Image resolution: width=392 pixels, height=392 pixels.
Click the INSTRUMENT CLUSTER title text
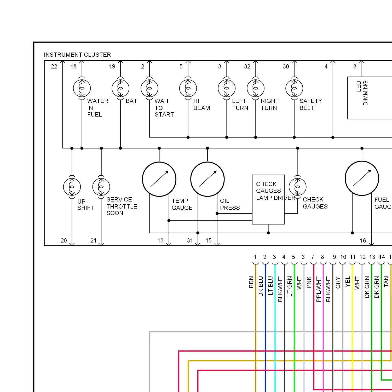pyautogui.click(x=77, y=55)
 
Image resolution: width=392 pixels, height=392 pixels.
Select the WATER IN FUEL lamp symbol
pyautogui.click(x=82, y=88)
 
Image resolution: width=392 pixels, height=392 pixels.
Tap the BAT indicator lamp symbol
pyautogui.click(x=120, y=88)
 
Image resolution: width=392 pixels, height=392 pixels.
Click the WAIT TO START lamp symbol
pyautogui.click(x=149, y=88)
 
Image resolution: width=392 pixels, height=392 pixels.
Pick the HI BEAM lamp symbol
pyautogui.click(x=188, y=88)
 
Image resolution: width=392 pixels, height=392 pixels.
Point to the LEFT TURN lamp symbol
pyautogui.click(x=227, y=88)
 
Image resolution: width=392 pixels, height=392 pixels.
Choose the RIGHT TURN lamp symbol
pyautogui.click(x=256, y=88)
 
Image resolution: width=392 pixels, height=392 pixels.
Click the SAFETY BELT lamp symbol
pyautogui.click(x=294, y=88)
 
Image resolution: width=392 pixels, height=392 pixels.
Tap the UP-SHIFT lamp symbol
pyautogui.click(x=72, y=187)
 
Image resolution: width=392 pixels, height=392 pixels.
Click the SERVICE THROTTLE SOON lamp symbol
pyautogui.click(x=101, y=187)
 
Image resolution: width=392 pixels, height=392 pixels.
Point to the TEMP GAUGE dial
pyautogui.click(x=159, y=179)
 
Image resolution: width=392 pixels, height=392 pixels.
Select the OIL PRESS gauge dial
pyautogui.click(x=207, y=179)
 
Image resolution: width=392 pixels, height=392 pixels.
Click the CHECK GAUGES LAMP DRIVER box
pyautogui.click(x=268, y=199)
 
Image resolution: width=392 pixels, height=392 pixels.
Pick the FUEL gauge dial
pyautogui.click(x=362, y=178)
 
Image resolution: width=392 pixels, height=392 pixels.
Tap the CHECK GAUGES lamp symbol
pyautogui.click(x=298, y=187)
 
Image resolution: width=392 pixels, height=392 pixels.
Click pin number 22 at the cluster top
pyautogui.click(x=54, y=66)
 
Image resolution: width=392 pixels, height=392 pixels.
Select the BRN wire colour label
pyautogui.click(x=251, y=282)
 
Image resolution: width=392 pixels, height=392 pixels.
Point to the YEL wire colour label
pyautogui.click(x=348, y=282)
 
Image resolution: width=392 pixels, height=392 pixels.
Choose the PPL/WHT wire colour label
pyautogui.click(x=319, y=289)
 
